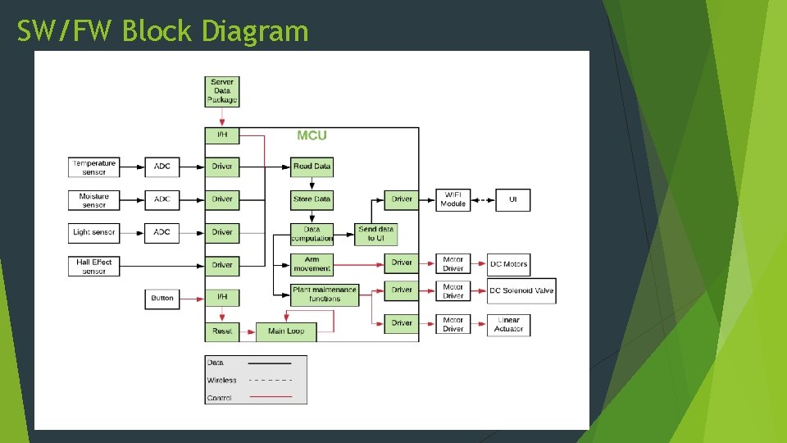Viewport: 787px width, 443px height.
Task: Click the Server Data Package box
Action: tap(222, 91)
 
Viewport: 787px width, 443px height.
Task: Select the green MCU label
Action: tap(312, 135)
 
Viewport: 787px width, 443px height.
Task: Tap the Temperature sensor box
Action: tap(94, 167)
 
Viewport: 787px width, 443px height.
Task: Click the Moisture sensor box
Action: tap(94, 200)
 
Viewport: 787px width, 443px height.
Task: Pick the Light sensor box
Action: tap(94, 232)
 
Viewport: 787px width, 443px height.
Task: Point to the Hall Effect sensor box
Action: tap(94, 266)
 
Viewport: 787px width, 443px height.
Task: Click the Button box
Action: tap(162, 298)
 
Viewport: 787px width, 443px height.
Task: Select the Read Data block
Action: tap(312, 167)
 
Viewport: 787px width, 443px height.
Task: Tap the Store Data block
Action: tap(312, 199)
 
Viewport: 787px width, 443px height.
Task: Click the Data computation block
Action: tap(312, 234)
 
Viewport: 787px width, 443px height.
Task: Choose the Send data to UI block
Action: tap(376, 234)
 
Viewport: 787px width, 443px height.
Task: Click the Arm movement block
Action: tap(312, 263)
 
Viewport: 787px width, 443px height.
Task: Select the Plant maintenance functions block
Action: tap(325, 295)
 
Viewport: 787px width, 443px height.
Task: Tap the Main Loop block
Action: tap(286, 331)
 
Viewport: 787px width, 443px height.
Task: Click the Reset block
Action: tap(222, 331)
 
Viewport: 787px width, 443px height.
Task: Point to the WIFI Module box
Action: tap(453, 199)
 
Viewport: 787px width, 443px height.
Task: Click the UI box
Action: tap(513, 199)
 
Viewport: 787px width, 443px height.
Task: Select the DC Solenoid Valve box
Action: tap(521, 290)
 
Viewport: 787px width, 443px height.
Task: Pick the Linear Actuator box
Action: tap(508, 324)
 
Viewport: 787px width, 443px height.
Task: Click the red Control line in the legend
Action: tap(270, 397)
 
